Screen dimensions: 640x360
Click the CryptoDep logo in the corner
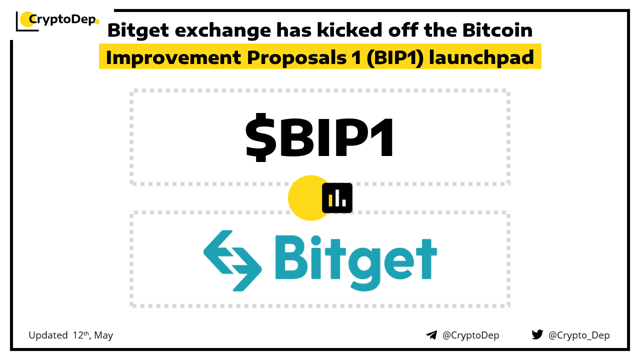click(x=57, y=20)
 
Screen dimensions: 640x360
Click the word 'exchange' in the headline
click(x=223, y=30)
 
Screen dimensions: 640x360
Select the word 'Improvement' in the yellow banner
click(x=173, y=57)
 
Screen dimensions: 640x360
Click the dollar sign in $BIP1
click(x=261, y=137)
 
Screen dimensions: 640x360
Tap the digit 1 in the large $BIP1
click(x=382, y=137)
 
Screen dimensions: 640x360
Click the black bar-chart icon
click(x=337, y=198)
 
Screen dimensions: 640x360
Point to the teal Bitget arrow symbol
click(x=232, y=260)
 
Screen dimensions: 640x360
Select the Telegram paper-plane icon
click(x=431, y=335)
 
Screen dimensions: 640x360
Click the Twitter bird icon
click(x=537, y=334)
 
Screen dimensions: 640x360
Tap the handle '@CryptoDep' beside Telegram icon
click(x=470, y=335)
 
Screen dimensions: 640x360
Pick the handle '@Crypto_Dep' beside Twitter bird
click(x=579, y=335)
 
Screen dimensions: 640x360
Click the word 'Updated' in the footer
click(x=48, y=335)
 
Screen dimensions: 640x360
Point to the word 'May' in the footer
click(x=103, y=335)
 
